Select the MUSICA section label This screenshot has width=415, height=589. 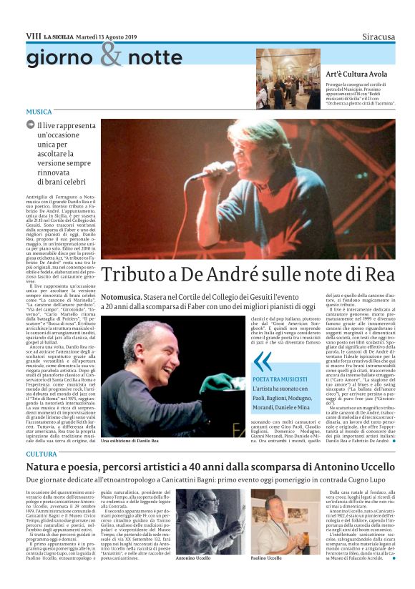tap(39, 112)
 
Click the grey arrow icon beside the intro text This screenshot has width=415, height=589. tap(31, 125)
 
